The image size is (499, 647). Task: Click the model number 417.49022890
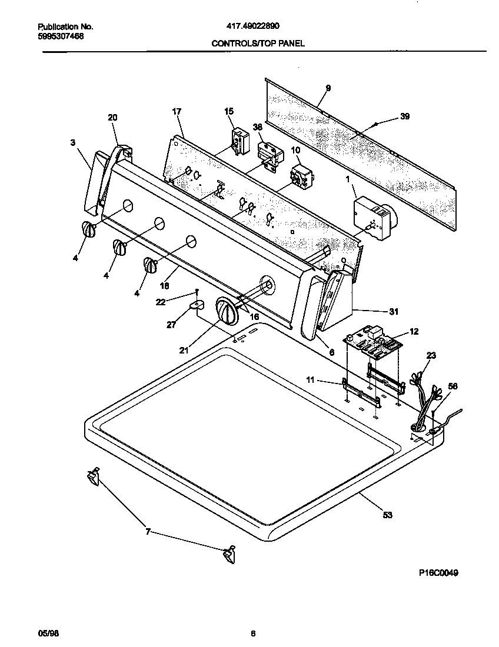[253, 26]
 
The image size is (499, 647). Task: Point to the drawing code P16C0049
[438, 572]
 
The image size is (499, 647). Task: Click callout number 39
[404, 116]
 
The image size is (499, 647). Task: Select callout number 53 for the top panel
[387, 515]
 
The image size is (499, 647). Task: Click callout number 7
[148, 532]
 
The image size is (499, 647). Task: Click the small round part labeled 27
[198, 305]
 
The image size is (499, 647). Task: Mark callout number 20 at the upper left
[112, 118]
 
